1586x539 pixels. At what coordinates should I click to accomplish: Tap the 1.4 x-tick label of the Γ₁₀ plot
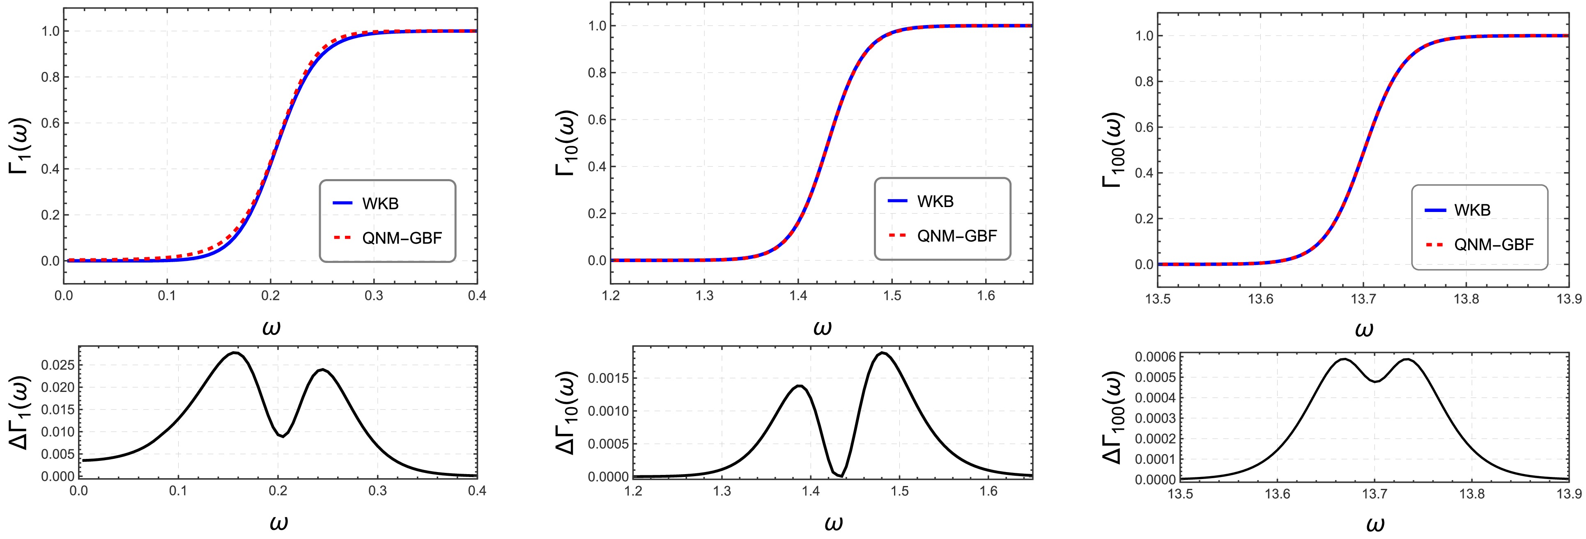[x=798, y=296]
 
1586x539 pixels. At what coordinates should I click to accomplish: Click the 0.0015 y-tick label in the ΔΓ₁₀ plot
[x=608, y=378]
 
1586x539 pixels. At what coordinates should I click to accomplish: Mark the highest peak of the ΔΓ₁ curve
[x=234, y=353]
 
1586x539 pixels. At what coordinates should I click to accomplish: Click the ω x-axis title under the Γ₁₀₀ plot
[x=1364, y=329]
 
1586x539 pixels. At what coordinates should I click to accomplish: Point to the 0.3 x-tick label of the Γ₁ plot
[x=373, y=296]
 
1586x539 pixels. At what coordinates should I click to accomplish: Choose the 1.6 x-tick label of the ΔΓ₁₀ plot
[x=989, y=492]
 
